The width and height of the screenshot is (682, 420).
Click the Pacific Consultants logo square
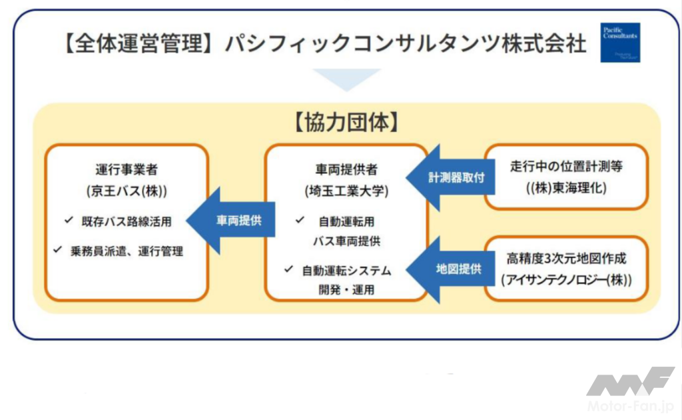point(619,43)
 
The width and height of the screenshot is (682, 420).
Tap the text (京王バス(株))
point(127,191)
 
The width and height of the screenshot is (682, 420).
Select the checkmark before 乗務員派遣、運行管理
point(57,251)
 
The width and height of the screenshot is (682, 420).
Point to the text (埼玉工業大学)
point(346,191)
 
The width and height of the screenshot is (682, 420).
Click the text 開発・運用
point(346,289)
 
